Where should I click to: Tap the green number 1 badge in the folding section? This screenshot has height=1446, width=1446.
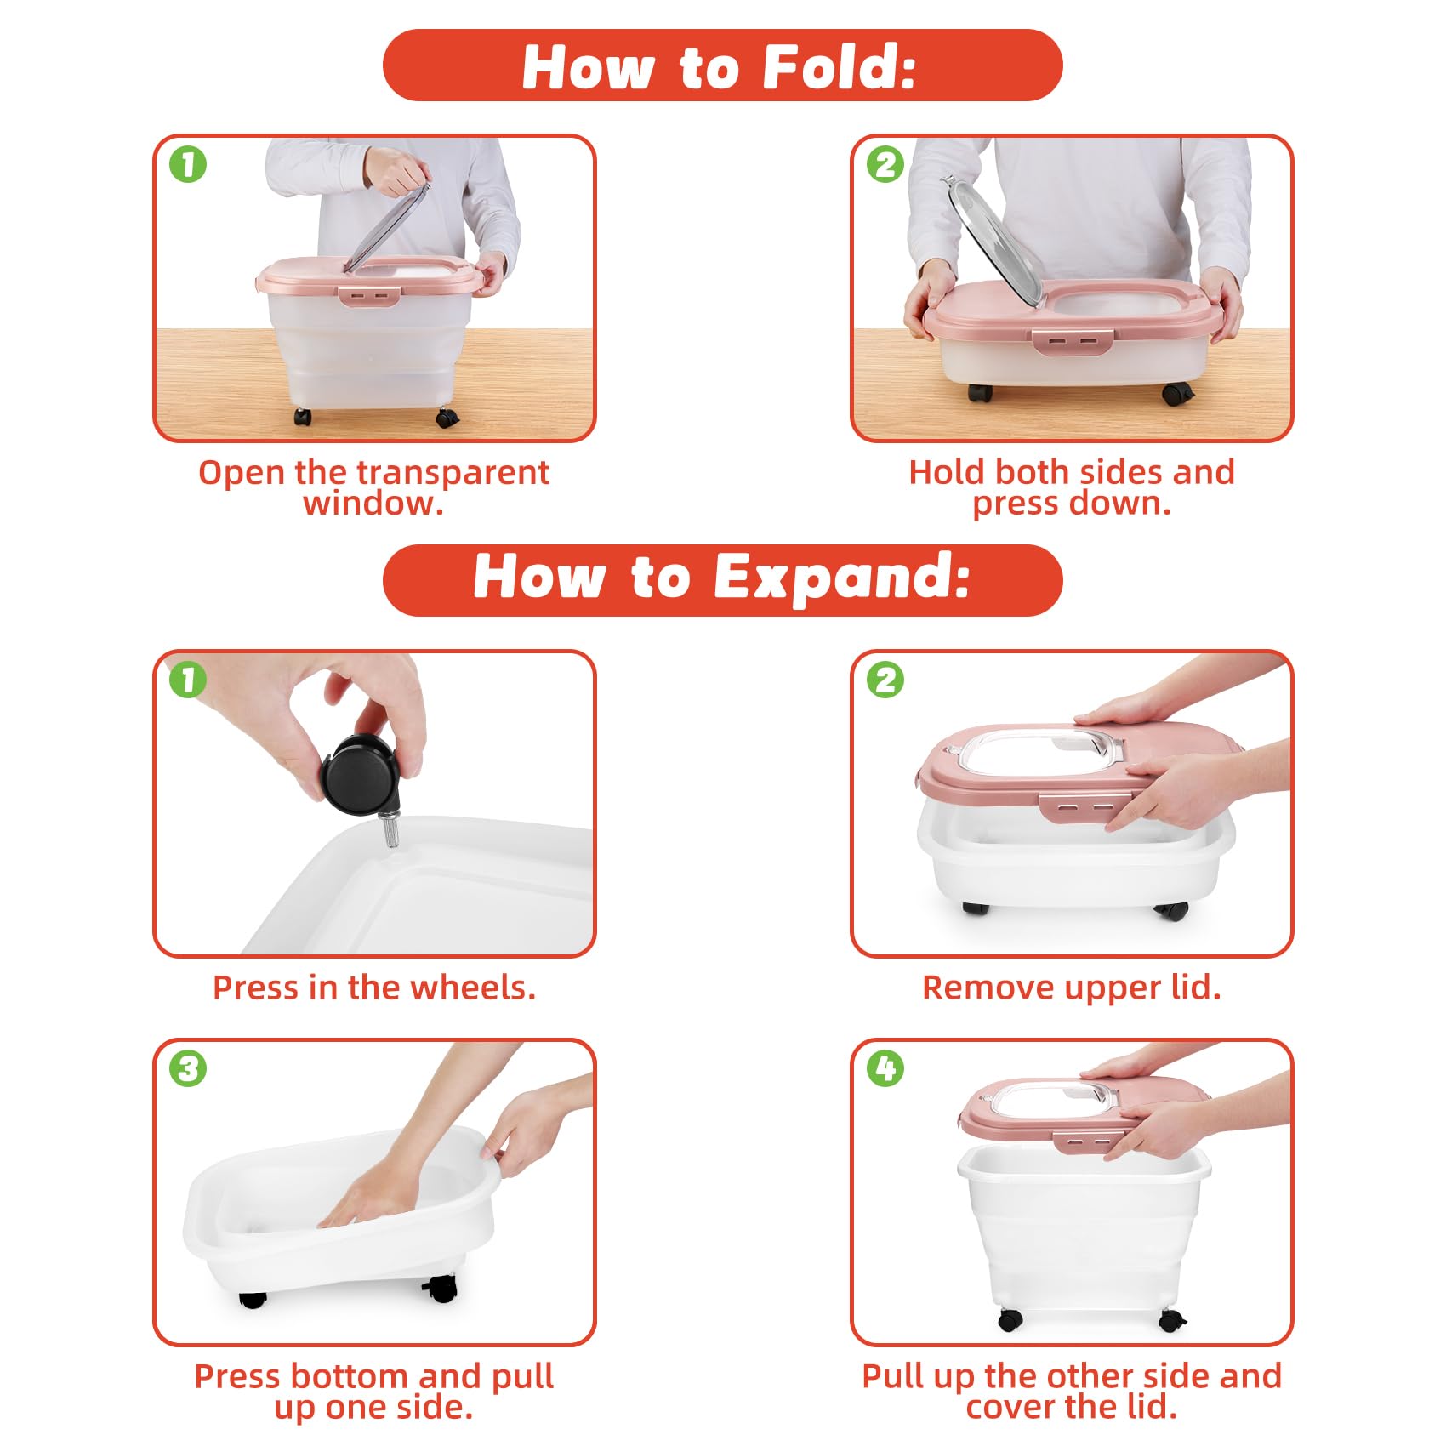click(x=188, y=164)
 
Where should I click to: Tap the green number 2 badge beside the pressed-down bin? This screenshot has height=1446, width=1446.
click(x=885, y=164)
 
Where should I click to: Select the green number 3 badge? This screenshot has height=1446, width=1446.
click(x=188, y=1068)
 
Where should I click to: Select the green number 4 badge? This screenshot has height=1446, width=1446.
click(x=885, y=1068)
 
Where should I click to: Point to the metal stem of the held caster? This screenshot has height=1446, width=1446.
click(x=390, y=830)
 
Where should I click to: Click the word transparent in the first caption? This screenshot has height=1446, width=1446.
click(x=454, y=473)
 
